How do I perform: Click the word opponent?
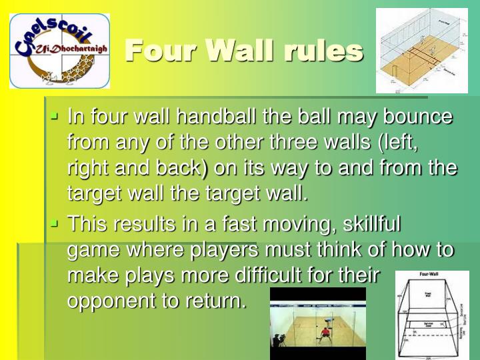(x=111, y=300)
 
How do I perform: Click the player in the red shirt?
(x=325, y=334)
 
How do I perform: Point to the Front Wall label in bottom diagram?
(x=429, y=293)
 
